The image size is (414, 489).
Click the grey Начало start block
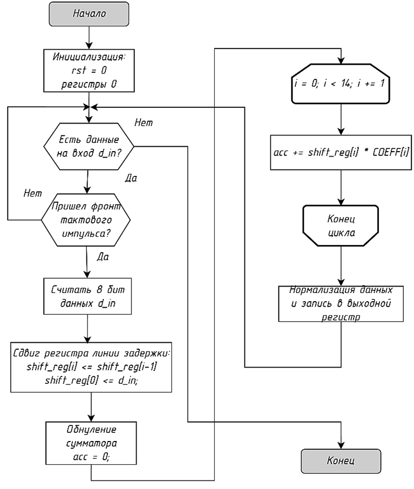click(89, 13)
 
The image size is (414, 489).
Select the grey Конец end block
click(341, 461)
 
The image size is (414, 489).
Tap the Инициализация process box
click(89, 71)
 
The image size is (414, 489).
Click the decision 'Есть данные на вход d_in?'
click(89, 146)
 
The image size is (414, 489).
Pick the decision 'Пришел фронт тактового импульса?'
click(86, 220)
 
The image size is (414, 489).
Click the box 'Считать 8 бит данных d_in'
click(87, 296)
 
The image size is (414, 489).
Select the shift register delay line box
click(91, 368)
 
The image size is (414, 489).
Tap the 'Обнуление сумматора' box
click(91, 443)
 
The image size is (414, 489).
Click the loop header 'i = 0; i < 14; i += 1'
click(341, 84)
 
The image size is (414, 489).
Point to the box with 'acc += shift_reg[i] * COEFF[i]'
click(341, 153)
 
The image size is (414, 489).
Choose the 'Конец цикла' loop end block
click(341, 226)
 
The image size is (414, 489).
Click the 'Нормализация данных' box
click(341, 303)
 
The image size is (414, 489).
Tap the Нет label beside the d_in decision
click(144, 123)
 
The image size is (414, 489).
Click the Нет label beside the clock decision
click(33, 193)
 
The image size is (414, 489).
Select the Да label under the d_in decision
click(131, 178)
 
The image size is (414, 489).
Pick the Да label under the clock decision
click(103, 257)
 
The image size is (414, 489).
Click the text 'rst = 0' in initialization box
click(89, 71)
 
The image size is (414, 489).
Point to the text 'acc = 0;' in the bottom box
click(91, 457)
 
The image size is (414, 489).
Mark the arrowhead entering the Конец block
click(341, 445)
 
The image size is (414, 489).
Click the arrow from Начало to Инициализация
click(89, 37)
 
